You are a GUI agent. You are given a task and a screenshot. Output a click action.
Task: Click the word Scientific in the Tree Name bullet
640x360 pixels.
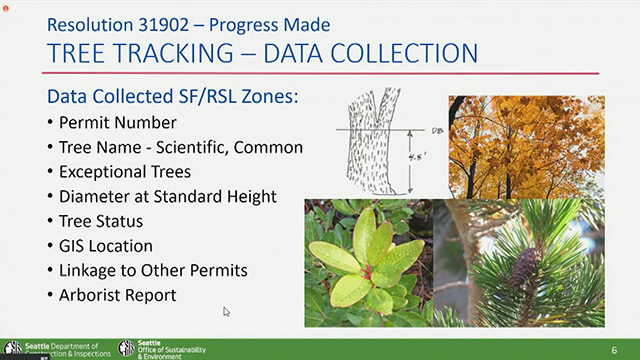[x=199, y=147]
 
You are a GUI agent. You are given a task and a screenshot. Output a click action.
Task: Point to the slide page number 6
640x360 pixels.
[x=615, y=348]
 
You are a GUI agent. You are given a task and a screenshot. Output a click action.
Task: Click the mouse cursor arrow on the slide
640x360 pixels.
[x=227, y=312]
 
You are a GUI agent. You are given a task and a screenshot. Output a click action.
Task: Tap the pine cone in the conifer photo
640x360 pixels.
[x=525, y=265]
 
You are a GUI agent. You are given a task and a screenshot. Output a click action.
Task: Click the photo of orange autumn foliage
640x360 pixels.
[x=525, y=146]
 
